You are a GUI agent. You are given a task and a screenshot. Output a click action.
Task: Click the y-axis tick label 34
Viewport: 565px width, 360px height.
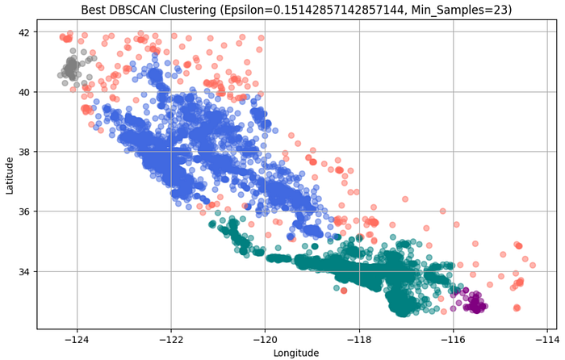(x=23, y=271)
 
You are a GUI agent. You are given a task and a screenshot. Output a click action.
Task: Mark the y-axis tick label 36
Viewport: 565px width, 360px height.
(x=23, y=211)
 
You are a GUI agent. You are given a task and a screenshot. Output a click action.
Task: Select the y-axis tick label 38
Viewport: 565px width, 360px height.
(x=23, y=152)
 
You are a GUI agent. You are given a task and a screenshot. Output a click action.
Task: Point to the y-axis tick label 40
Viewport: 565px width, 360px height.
(x=23, y=92)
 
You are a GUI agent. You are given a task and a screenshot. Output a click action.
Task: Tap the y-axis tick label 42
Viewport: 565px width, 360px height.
(x=23, y=32)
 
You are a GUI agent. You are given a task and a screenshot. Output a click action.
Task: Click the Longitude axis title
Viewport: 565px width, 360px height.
(x=295, y=353)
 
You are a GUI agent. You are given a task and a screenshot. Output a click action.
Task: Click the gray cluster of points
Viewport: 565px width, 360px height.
(x=71, y=67)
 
